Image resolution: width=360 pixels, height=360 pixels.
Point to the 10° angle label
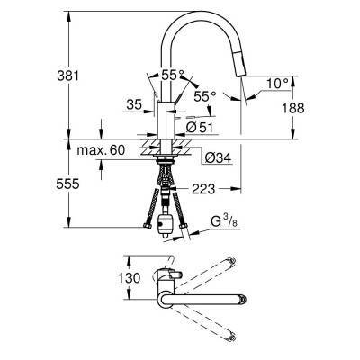pyautogui.click(x=278, y=83)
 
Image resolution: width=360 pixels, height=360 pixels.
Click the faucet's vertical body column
pyautogui.click(x=166, y=118)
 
